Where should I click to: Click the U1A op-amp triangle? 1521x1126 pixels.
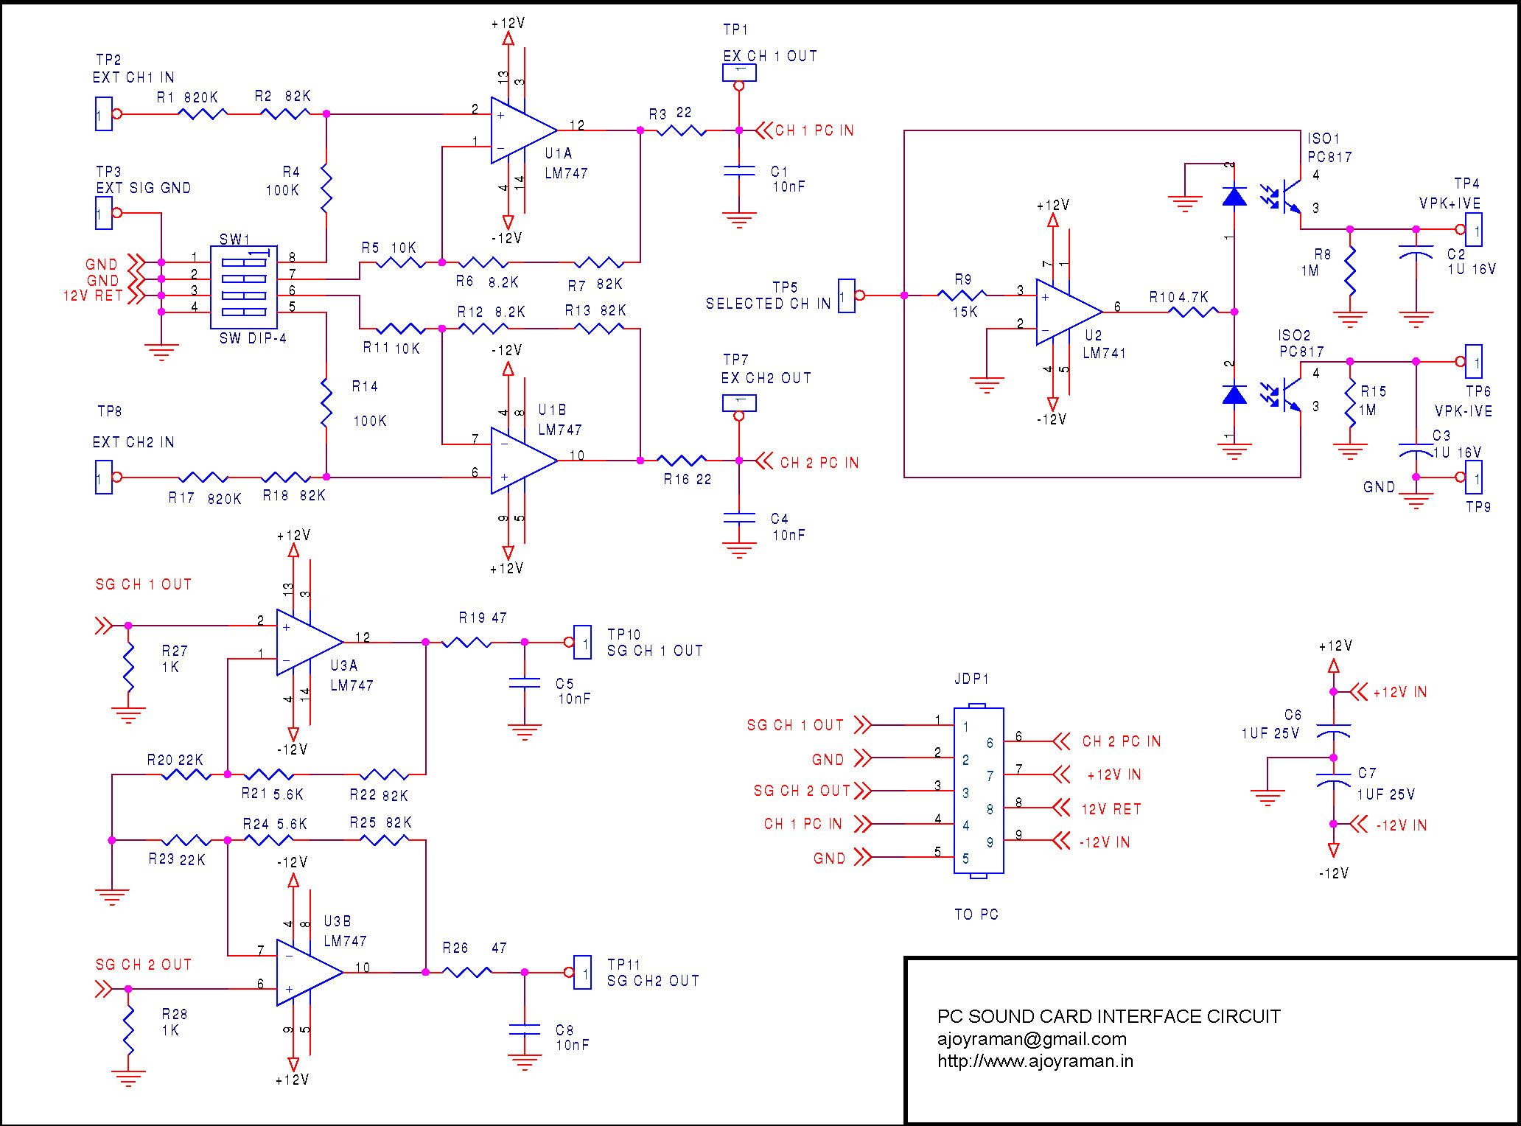(522, 130)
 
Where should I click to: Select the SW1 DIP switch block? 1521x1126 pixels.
(244, 287)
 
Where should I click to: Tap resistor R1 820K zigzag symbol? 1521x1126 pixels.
(203, 114)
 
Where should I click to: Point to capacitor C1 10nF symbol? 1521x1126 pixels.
(739, 171)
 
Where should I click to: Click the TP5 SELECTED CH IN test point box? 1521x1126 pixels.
(847, 296)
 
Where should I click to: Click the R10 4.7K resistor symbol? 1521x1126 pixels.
(1194, 312)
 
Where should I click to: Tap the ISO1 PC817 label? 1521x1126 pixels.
(1328, 147)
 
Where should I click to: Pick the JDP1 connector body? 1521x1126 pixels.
(979, 791)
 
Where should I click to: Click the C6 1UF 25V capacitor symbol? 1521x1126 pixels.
(1332, 730)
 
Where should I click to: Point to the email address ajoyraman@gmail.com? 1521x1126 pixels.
(1032, 1039)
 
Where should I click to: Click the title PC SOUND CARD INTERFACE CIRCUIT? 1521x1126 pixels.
(1108, 1017)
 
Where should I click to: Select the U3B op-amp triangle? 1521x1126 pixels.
(307, 973)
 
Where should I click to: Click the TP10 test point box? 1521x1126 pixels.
(582, 643)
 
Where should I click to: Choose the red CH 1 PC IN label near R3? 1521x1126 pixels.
(814, 131)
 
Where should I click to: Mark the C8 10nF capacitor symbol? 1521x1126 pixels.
(524, 1029)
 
